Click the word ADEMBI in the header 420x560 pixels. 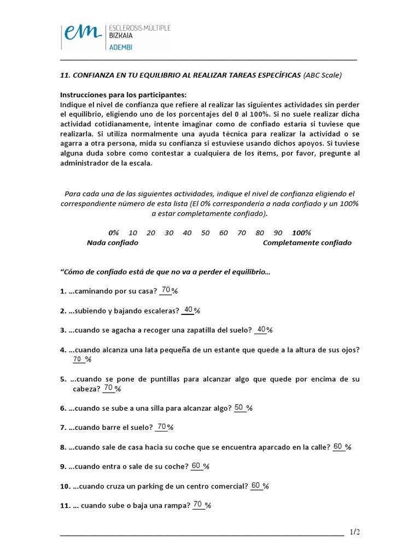click(x=121, y=47)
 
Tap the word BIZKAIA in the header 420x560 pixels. click(x=124, y=36)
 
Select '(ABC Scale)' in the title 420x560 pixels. click(x=323, y=75)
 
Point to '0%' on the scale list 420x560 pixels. click(x=114, y=232)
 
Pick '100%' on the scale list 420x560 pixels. click(x=301, y=232)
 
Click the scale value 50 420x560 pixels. click(x=205, y=232)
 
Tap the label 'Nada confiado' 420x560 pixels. click(x=113, y=242)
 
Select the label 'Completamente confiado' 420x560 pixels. click(x=307, y=242)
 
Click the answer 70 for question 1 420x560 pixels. click(x=166, y=290)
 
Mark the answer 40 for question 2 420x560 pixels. click(x=188, y=310)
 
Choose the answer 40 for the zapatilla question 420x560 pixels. click(x=261, y=329)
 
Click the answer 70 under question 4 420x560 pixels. click(x=77, y=359)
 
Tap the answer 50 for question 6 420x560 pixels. click(x=239, y=407)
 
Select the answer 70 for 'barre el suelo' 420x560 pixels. click(x=161, y=426)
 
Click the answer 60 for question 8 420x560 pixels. click(x=338, y=446)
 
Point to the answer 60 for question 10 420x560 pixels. click(x=256, y=485)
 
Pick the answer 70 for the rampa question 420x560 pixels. click(x=198, y=504)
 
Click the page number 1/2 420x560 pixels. click(x=355, y=532)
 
